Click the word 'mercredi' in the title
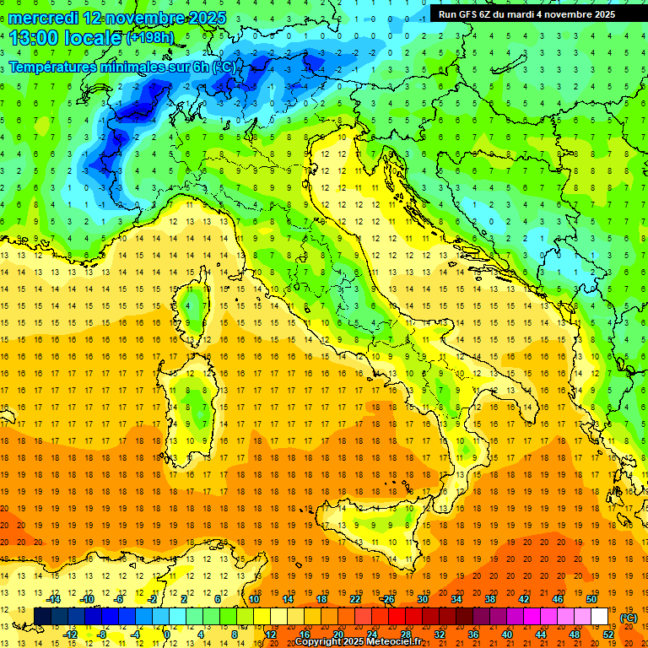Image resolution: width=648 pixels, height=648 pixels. point(44,18)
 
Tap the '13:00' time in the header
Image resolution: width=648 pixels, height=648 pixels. point(35,37)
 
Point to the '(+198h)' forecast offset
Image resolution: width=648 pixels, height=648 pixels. point(151,38)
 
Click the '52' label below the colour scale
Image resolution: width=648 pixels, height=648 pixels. point(607,634)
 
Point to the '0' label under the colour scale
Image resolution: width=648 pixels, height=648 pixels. point(167,634)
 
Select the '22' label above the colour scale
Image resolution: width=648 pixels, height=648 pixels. point(355,599)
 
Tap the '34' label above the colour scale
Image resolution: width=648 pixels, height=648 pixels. point(456,599)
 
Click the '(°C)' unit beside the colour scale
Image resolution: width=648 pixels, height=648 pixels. point(628,618)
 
